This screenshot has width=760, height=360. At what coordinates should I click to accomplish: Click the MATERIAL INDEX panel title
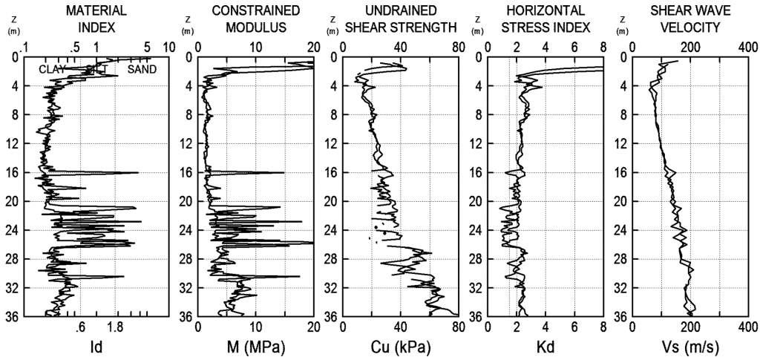pyautogui.click(x=96, y=19)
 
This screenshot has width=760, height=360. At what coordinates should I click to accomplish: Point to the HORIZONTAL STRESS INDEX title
pyautogui.click(x=546, y=19)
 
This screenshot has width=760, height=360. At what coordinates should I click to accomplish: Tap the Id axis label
pyautogui.click(x=96, y=347)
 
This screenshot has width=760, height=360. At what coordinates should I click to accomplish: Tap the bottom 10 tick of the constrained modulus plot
pyautogui.click(x=256, y=327)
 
